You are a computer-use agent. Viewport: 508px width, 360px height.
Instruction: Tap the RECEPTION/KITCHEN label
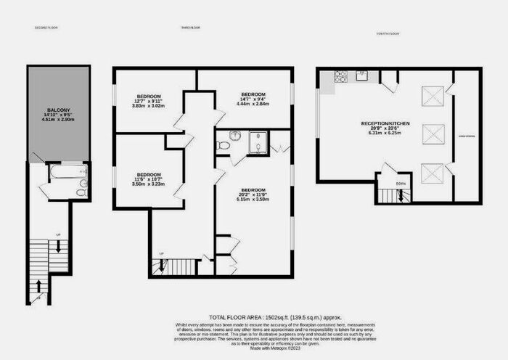point(385,124)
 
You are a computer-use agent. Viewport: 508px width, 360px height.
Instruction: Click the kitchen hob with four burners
point(340,75)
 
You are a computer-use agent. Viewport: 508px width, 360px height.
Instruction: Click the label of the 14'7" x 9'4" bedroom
point(253,94)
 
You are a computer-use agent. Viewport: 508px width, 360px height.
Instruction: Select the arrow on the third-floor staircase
point(161,268)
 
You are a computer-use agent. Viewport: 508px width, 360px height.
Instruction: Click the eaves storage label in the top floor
point(467,135)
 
